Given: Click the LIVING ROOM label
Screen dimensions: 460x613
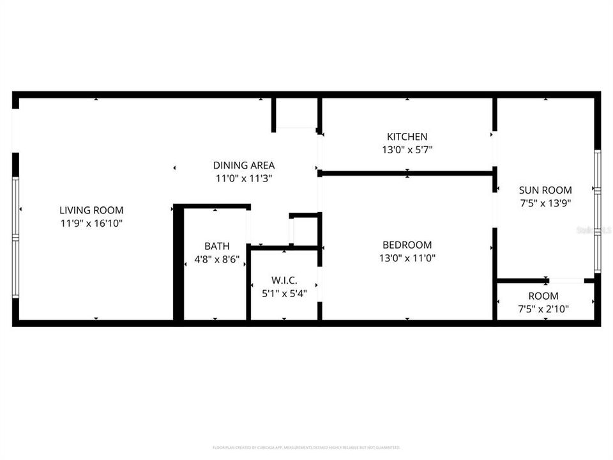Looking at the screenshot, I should tap(91, 210).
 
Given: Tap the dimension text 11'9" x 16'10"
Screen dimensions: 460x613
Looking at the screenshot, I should tap(91, 223).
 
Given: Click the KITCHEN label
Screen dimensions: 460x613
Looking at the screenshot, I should tap(407, 137).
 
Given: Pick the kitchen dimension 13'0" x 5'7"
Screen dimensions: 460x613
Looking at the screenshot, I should tap(407, 149).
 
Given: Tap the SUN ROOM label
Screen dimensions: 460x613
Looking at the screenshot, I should tap(545, 190).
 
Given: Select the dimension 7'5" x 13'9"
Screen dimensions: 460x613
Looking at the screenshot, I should tap(545, 203).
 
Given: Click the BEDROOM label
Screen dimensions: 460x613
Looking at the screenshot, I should tap(407, 245).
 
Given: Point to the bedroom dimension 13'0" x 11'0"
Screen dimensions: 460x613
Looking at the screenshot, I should tap(407, 258).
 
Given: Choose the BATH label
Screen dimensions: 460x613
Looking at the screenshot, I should tap(216, 246).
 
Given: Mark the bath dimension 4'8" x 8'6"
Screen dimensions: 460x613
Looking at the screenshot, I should tap(216, 259).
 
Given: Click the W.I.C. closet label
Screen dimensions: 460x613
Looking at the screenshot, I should tap(284, 281).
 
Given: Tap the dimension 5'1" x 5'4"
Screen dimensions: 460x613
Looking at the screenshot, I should tap(284, 295).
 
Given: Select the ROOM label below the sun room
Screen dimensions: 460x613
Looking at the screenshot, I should tap(543, 296).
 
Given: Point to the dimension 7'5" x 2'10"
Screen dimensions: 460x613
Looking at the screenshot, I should tap(543, 309).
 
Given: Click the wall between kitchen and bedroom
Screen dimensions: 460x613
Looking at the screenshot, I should tap(407, 172).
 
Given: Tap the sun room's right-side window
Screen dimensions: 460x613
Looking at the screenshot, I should tap(597, 211).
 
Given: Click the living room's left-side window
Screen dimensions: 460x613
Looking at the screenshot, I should tap(16, 238).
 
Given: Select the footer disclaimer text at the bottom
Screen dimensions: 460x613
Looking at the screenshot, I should tap(306, 447).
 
